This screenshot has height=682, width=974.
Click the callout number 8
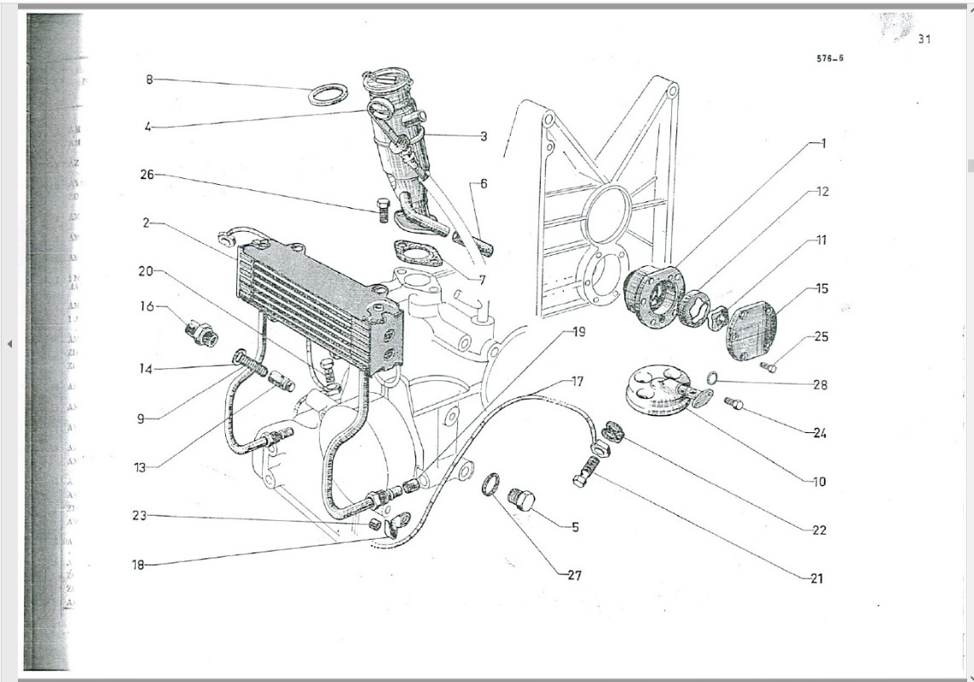[148, 79]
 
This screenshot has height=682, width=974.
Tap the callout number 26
[148, 175]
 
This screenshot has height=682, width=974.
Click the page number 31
[925, 39]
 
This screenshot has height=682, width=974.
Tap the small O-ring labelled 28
[712, 378]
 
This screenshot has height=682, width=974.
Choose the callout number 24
[819, 433]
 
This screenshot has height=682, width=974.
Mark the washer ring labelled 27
[490, 484]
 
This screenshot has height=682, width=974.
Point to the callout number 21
[817, 578]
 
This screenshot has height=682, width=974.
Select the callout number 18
[139, 564]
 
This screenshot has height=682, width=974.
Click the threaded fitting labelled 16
[201, 333]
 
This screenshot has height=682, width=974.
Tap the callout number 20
[146, 272]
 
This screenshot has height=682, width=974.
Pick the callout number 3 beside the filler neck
[483, 136]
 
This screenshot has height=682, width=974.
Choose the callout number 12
[822, 192]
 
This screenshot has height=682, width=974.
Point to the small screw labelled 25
[769, 367]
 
